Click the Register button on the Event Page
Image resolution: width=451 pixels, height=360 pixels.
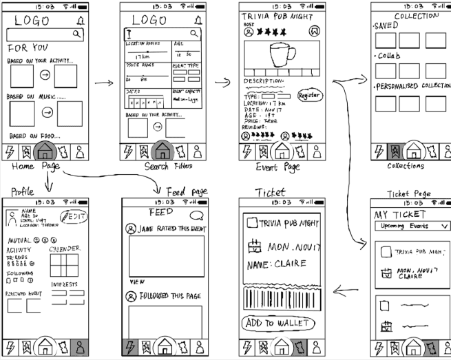[309, 96]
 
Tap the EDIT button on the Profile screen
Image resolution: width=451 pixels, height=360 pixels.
[74, 216]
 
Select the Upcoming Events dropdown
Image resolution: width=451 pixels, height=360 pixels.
[411, 226]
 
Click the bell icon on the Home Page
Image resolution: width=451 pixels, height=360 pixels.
[82, 20]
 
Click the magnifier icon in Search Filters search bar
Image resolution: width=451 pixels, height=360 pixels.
[196, 33]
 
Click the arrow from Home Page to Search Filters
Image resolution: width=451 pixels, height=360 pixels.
[104, 83]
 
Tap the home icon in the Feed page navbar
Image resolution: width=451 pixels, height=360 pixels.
[163, 346]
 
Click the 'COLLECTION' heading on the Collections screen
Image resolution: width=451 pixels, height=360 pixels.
[416, 16]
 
